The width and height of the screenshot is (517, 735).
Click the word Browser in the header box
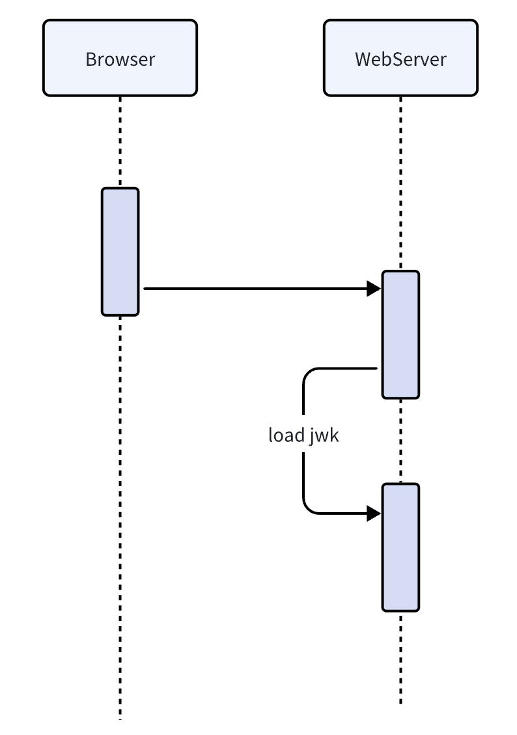[120, 59]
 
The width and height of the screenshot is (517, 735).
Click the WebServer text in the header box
[400, 59]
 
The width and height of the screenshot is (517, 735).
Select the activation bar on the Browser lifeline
[120, 252]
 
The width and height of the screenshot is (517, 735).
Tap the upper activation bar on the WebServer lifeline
[400, 334]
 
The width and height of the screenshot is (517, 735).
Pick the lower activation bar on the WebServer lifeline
[400, 547]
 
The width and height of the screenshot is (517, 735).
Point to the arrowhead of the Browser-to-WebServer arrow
[374, 288]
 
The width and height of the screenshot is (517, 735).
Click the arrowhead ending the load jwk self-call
[374, 513]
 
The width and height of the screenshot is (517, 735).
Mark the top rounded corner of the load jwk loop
[308, 373]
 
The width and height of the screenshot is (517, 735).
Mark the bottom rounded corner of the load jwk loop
[308, 509]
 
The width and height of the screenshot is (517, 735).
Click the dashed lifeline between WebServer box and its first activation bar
[400, 182]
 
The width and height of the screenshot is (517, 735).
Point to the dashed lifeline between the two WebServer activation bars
[400, 440]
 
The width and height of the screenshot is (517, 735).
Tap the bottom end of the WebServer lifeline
[400, 701]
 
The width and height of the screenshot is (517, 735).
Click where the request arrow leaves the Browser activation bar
[145, 288]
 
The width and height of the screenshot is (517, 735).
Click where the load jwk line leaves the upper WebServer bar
[376, 369]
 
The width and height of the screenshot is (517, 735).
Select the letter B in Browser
[91, 59]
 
